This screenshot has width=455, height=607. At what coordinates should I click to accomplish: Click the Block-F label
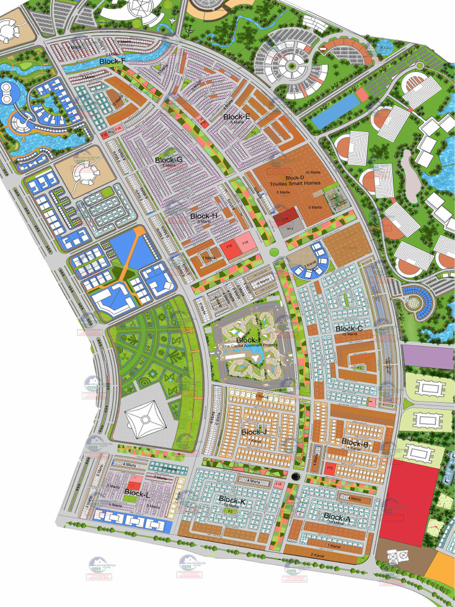pos(112,61)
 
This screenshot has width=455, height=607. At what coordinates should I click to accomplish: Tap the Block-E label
pos(236,117)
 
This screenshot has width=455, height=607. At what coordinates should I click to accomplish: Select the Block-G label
pos(169,160)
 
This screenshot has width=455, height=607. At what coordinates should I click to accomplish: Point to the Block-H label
pos(204,216)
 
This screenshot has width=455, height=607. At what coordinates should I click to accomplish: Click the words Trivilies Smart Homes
pos(295,183)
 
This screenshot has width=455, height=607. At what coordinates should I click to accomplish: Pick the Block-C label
pos(349,328)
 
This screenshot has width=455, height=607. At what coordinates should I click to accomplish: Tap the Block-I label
pos(248,340)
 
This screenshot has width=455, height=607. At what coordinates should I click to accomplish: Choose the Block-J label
pos(255,432)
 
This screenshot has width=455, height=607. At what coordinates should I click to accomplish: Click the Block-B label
pos(355,443)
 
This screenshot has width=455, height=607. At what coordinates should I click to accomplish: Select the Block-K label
pos(232,501)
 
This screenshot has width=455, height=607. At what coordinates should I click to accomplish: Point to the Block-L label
pos(137,493)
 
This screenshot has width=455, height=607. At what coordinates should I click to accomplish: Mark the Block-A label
pos(337,517)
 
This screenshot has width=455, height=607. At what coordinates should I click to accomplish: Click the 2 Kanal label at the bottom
pos(318,554)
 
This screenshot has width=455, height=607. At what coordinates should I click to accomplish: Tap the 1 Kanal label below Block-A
pos(336,544)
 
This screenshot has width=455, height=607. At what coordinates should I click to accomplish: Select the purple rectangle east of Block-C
pos(428,356)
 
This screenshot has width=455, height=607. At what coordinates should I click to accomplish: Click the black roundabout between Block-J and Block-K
pos(296,476)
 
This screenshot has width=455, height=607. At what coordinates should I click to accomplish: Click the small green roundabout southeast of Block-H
pos(274,253)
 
